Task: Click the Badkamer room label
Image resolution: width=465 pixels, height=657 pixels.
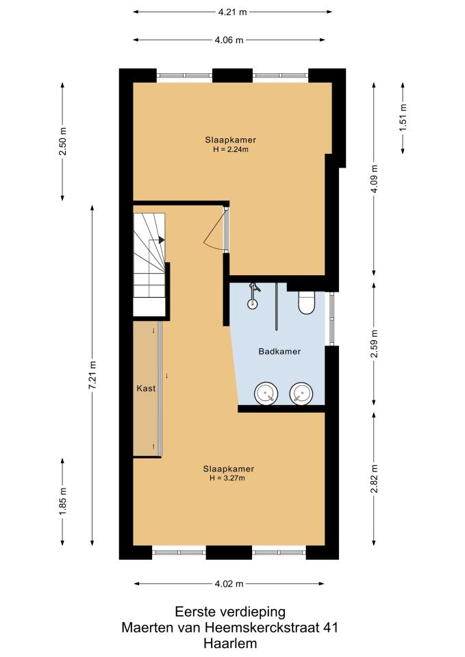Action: tap(279, 352)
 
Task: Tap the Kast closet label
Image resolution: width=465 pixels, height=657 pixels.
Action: tap(146, 389)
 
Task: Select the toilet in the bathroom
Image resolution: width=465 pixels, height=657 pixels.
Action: tap(307, 302)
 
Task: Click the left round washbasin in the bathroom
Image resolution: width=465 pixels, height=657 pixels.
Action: tap(266, 394)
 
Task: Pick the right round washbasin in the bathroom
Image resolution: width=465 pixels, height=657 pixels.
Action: tap(301, 394)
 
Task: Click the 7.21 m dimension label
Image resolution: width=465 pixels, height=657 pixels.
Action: tap(92, 375)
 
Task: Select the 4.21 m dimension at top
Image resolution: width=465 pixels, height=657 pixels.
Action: tap(233, 12)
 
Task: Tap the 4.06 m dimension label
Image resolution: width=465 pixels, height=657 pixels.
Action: tap(229, 40)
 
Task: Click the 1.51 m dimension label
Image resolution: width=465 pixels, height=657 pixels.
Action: tap(403, 118)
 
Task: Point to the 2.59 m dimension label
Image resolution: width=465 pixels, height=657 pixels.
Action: tap(375, 344)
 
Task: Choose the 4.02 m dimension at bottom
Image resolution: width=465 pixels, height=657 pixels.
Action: tap(229, 584)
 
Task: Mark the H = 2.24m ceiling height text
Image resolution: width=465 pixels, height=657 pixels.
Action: tap(231, 149)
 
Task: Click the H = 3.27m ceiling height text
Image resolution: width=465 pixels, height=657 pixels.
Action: tap(227, 478)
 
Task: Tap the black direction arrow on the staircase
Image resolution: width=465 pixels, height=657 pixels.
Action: tap(162, 240)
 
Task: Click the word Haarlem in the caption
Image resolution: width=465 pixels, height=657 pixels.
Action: tap(230, 643)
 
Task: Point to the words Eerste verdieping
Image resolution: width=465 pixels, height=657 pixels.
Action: tap(230, 612)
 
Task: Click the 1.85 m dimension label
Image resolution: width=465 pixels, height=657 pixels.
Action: tap(62, 502)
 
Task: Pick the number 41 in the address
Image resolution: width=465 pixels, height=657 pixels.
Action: tap(330, 628)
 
